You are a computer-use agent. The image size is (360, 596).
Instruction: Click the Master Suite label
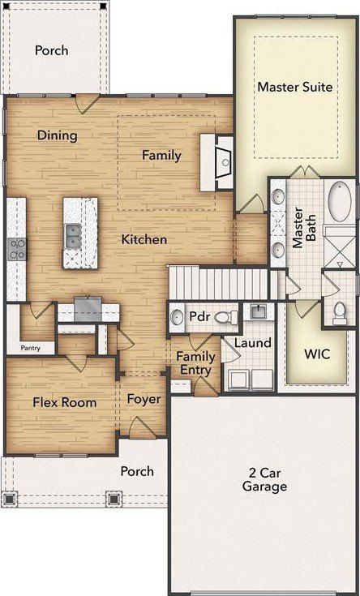point(294,87)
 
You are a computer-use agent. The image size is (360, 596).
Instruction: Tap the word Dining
point(58,135)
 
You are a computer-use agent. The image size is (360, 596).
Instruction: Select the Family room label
point(161,155)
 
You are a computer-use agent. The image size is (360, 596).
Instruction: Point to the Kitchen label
point(144,239)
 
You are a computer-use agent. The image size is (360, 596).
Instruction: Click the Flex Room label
point(64,402)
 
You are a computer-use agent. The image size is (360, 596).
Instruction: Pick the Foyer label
point(144,400)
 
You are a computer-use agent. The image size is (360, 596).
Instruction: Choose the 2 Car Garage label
point(264,480)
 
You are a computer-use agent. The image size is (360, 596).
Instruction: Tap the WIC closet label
point(315,354)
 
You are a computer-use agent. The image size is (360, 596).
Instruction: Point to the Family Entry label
point(196,363)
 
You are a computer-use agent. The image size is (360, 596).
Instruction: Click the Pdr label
point(200,316)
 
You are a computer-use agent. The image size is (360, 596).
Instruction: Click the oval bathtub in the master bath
point(339,204)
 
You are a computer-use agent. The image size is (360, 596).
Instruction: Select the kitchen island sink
point(73,235)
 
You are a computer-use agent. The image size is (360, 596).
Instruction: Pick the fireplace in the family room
point(224,161)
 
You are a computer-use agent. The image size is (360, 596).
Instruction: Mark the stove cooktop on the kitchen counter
point(15,247)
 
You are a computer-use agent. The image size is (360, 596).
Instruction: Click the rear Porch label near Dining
point(51,51)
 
